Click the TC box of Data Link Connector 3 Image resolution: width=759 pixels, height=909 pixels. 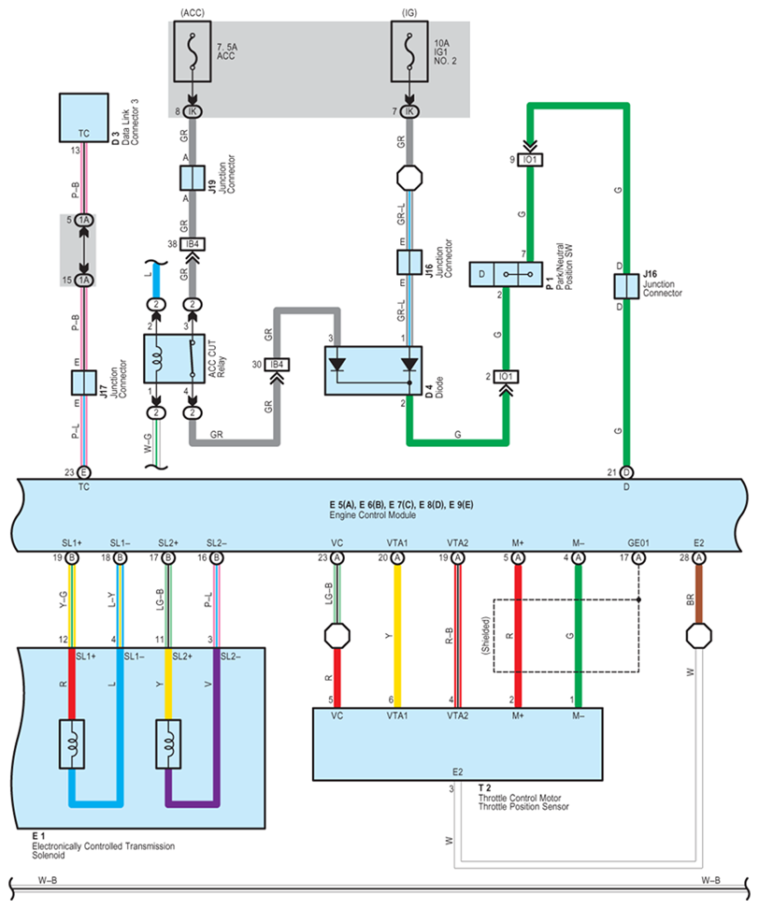coord(84,117)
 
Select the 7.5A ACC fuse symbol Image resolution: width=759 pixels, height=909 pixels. coord(192,56)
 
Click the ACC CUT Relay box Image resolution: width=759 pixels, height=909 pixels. coord(174,356)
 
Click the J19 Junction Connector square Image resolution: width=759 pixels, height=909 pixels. coord(192,178)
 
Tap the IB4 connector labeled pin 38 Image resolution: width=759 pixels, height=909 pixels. coord(193,245)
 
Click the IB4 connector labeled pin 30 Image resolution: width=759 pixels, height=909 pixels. coord(276,364)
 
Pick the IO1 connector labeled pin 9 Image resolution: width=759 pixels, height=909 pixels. coord(530,160)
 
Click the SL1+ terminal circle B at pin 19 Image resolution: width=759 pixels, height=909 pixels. coord(72,558)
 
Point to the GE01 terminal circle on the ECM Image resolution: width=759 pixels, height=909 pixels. coord(639,558)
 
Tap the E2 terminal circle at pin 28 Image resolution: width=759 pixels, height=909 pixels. coord(698,558)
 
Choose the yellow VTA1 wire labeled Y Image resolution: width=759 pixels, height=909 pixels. coord(398,636)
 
